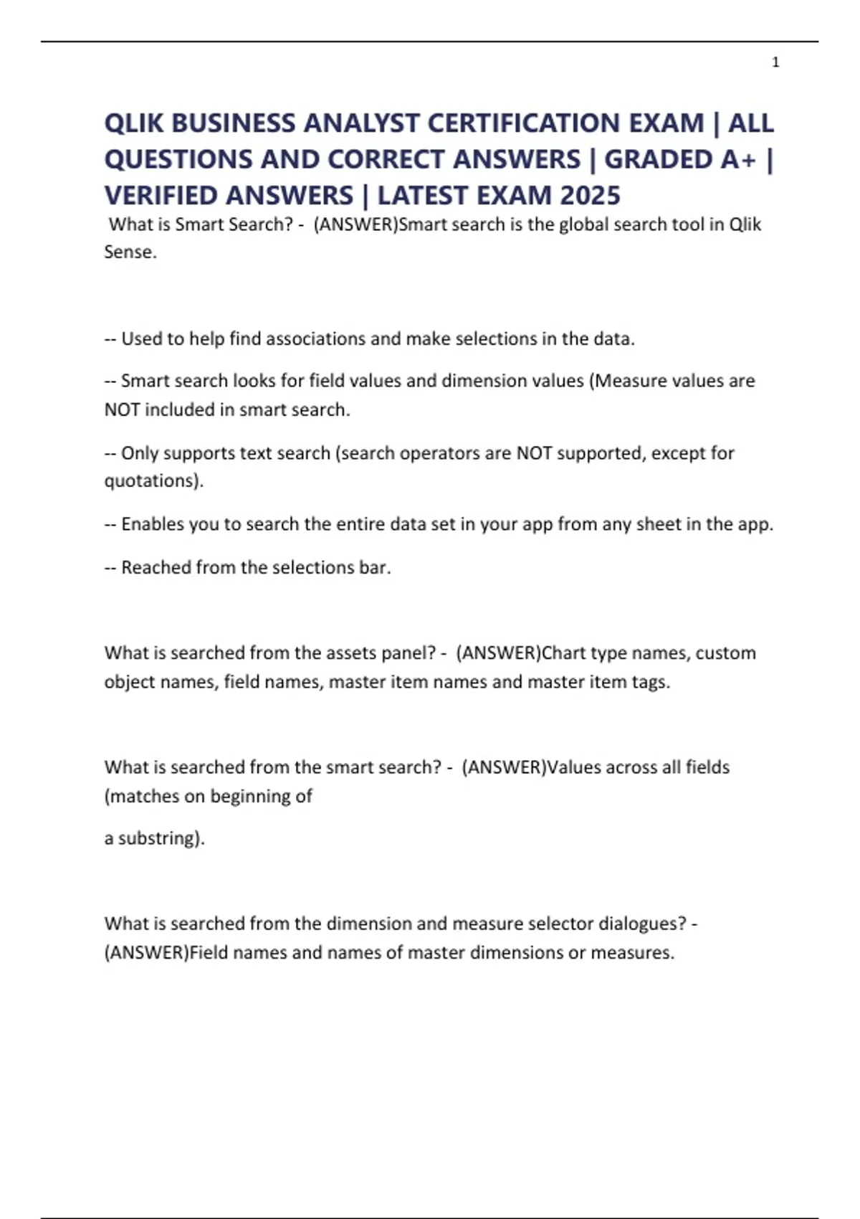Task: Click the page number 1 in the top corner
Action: point(775,62)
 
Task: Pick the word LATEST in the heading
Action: point(426,195)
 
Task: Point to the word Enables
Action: point(151,524)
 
